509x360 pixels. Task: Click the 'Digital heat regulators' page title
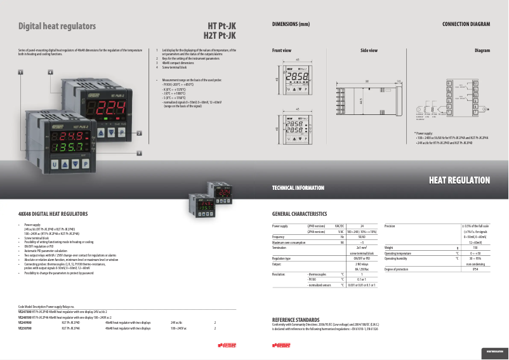tap(57, 27)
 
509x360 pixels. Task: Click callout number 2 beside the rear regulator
tap(138, 133)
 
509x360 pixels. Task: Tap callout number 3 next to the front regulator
tap(139, 152)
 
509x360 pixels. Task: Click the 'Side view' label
tap(369, 50)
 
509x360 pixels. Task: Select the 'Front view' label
tap(282, 50)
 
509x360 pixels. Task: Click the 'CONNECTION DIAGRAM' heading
tap(466, 24)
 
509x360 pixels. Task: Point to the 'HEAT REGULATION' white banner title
tap(459, 181)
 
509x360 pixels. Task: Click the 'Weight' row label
tap(389, 248)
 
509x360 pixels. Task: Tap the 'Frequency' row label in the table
tap(279, 236)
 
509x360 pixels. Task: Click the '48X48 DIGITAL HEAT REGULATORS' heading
tap(53, 215)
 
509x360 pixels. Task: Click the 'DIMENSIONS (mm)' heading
tap(291, 24)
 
